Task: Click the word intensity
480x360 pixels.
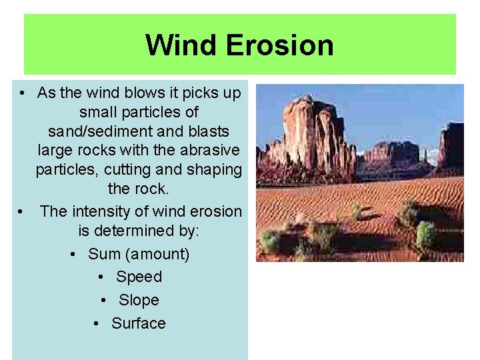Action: coord(107,211)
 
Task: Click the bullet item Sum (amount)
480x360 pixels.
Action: coord(139,254)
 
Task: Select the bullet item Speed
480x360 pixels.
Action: coord(139,277)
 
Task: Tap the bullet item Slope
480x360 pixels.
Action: coord(139,300)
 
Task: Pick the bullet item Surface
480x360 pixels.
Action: coord(139,323)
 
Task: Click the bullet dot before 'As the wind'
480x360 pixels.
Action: coord(23,93)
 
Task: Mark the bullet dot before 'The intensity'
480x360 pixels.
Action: coord(23,212)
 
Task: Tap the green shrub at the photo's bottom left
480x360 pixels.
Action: coord(271,240)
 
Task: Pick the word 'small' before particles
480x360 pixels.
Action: coord(99,111)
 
